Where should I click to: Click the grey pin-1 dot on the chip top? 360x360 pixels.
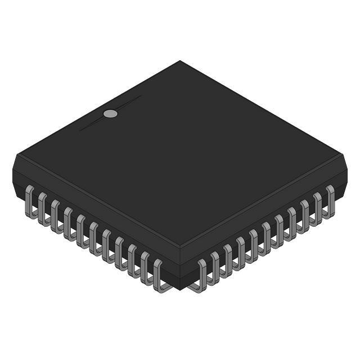(111, 114)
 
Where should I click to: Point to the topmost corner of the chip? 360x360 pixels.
(180, 61)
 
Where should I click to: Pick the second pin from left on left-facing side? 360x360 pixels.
(42, 208)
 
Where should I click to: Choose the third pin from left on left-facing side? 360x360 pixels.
(55, 214)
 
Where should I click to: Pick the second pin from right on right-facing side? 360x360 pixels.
(317, 208)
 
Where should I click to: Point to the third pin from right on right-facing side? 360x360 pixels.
(304, 214)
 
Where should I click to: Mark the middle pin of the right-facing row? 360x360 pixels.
(266, 237)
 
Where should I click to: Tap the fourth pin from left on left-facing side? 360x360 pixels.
(68, 222)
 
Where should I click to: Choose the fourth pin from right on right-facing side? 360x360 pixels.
(291, 222)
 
